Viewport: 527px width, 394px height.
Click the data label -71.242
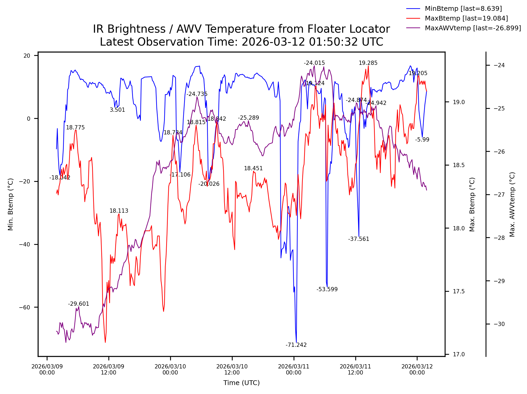[x=296, y=345]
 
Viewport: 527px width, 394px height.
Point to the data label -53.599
[x=327, y=289]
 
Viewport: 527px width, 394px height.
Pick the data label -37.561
[x=358, y=239]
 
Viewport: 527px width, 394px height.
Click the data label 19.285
[x=368, y=63]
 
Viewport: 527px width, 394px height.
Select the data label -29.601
[x=79, y=304]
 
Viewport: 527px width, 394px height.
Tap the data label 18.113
[x=119, y=211]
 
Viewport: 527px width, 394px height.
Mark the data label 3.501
[x=117, y=110]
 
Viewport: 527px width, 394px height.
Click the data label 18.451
[x=253, y=168]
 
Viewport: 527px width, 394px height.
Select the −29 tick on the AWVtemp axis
[x=499, y=281]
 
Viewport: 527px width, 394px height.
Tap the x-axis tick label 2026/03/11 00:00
[x=294, y=369]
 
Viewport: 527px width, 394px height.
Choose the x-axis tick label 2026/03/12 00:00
[x=417, y=369]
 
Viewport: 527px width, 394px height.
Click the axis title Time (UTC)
[x=241, y=383]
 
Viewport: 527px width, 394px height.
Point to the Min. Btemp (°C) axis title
[x=11, y=204]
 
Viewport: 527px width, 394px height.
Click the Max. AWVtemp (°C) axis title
[x=512, y=204]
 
